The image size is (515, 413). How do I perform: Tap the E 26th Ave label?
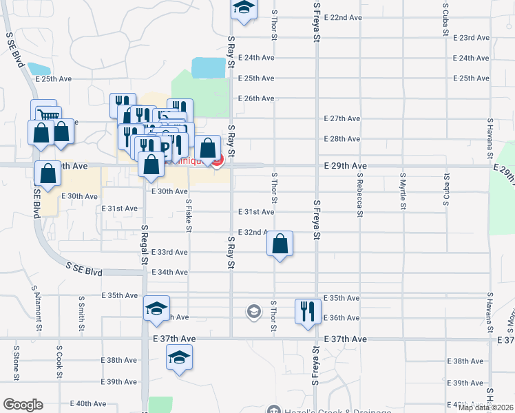click(256, 98)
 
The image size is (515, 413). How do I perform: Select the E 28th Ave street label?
click(342, 139)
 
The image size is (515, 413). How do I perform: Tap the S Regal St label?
click(145, 244)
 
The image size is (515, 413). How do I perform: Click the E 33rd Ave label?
click(169, 253)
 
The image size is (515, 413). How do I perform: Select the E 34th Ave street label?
click(169, 273)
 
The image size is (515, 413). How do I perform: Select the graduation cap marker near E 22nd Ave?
click(243, 8)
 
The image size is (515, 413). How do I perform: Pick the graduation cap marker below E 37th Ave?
click(179, 357)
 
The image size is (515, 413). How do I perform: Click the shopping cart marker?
click(48, 116)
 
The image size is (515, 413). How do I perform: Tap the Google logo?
click(23, 405)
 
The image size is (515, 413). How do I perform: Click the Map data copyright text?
click(485, 407)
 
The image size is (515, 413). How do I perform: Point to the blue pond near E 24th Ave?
click(209, 67)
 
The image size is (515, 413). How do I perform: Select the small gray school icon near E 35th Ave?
click(254, 313)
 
